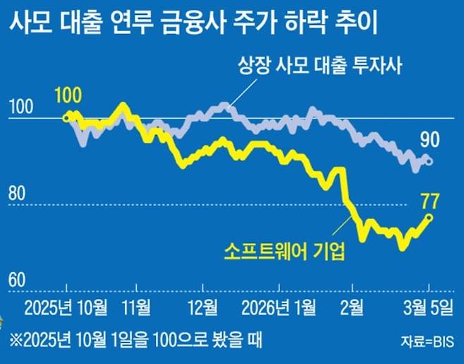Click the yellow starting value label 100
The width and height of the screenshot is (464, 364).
(x=67, y=94)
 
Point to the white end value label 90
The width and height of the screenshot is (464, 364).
(x=429, y=139)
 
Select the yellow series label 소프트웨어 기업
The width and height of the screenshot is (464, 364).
(x=285, y=251)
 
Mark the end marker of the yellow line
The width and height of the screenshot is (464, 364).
(x=429, y=217)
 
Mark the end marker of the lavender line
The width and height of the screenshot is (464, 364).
(x=429, y=162)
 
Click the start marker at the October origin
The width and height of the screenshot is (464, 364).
(x=66, y=117)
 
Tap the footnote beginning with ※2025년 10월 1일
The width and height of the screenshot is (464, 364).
(x=135, y=340)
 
